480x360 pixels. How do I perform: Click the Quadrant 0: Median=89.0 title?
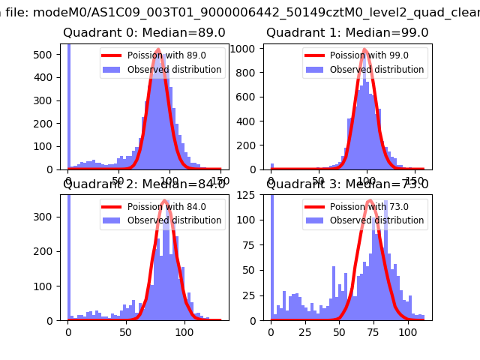click(x=144, y=33)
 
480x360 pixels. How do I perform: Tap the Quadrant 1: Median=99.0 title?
click(x=347, y=33)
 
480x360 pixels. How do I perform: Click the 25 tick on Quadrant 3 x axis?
click(x=304, y=331)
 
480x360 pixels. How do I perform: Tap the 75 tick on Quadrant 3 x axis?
click(x=373, y=331)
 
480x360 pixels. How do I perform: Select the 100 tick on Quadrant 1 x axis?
click(x=367, y=180)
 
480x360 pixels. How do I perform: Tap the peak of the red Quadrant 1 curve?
click(x=365, y=51)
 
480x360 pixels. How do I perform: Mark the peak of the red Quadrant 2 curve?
click(x=164, y=201)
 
